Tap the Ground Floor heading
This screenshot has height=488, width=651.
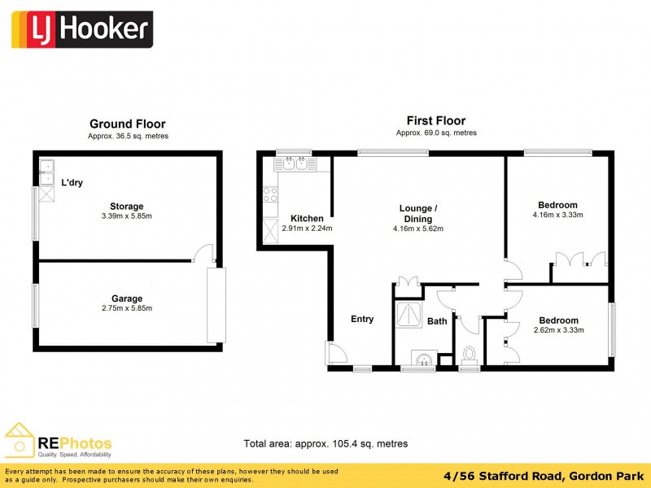(x=127, y=124)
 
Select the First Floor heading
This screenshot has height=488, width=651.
(x=436, y=121)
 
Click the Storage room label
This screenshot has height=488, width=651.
(x=127, y=207)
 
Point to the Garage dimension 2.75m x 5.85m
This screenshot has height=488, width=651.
(x=127, y=308)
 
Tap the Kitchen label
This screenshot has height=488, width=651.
(x=307, y=218)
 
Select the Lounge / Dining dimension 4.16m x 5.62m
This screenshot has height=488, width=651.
(x=417, y=229)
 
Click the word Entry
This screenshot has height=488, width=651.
(x=362, y=319)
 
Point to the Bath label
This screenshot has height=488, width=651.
(x=438, y=321)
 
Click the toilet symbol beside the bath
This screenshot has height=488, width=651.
(x=470, y=355)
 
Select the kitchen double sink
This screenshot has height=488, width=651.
(x=293, y=163)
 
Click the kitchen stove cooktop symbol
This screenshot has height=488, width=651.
(x=270, y=194)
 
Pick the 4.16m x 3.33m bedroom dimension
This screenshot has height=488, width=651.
(x=557, y=215)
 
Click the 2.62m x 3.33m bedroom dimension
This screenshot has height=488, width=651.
(x=557, y=330)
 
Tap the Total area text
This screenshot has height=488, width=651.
(x=325, y=444)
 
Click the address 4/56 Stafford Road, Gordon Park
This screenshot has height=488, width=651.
(x=557, y=475)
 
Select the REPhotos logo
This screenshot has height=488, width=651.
(x=59, y=443)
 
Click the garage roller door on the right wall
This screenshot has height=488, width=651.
(x=216, y=305)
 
